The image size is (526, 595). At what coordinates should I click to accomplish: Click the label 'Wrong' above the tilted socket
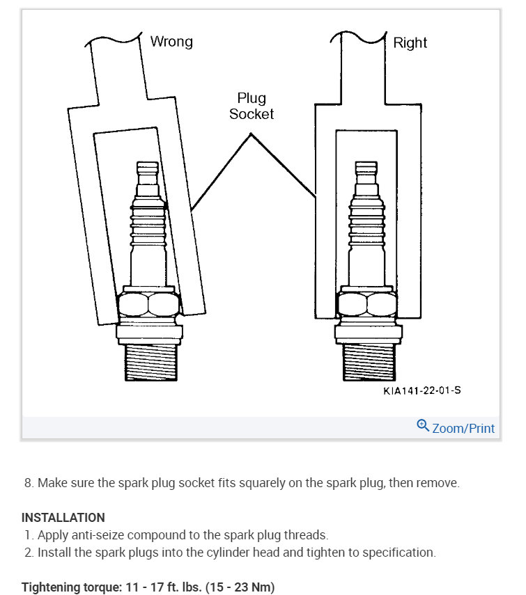[171, 42]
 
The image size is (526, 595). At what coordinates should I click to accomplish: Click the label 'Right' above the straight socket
[410, 43]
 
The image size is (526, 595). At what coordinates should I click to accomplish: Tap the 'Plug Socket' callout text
[252, 106]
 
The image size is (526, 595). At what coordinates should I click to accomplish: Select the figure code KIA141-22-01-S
[421, 390]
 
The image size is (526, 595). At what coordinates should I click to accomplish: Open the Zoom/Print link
[463, 428]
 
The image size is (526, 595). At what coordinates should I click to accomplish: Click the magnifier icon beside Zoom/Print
[422, 425]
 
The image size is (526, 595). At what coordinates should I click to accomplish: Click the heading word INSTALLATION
[63, 518]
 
